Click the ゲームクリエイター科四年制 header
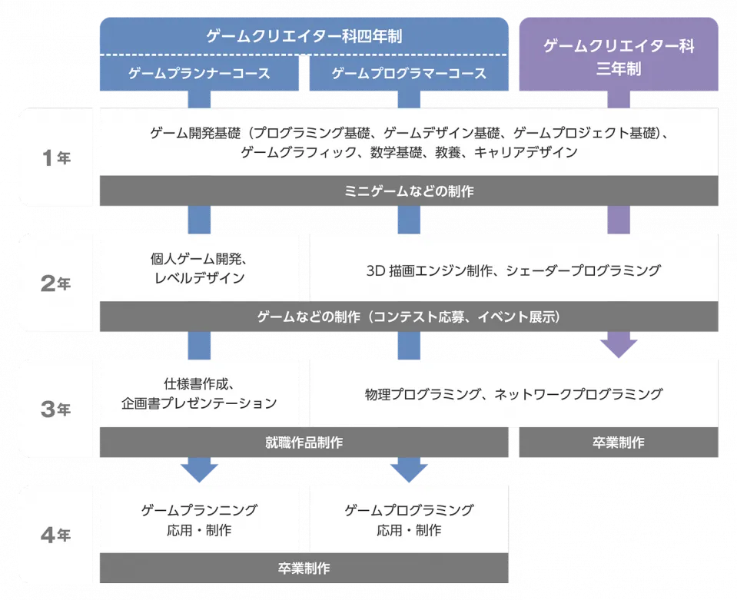[x=304, y=35]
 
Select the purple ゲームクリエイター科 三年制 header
[x=619, y=57]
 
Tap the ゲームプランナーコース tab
[x=199, y=74]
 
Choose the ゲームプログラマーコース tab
[x=409, y=74]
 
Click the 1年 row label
[x=55, y=158]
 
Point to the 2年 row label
[x=55, y=283]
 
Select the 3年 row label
[x=55, y=409]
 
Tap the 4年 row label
[x=55, y=535]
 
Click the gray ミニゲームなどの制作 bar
[x=409, y=191]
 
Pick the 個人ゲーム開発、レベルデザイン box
[x=199, y=268]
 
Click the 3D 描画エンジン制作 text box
[x=513, y=270]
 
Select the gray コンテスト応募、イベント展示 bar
[x=409, y=317]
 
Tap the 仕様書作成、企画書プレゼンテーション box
[x=199, y=394]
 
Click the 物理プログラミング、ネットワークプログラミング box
[x=513, y=395]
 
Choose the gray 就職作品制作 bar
[x=304, y=443]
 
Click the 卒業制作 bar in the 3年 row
[x=618, y=443]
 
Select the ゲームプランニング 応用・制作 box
[x=199, y=520]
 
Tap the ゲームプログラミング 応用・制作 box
[x=409, y=520]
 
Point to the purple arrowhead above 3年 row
[x=619, y=347]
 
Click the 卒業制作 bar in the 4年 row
[x=304, y=569]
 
